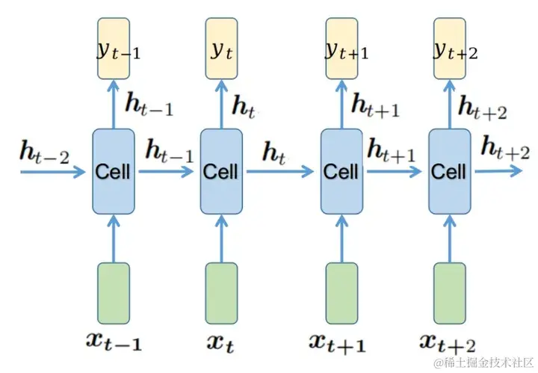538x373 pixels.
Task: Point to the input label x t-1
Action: pyautogui.click(x=113, y=343)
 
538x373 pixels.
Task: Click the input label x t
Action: pyautogui.click(x=220, y=343)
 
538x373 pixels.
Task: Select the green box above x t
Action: pyautogui.click(x=221, y=292)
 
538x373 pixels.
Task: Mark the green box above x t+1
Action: pyautogui.click(x=342, y=292)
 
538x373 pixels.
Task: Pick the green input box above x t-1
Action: pyautogui.click(x=113, y=292)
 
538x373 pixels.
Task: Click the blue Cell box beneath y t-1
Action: pyautogui.click(x=113, y=172)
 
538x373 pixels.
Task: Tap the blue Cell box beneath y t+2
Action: pyautogui.click(x=451, y=172)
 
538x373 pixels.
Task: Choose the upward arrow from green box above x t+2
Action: pyautogui.click(x=451, y=238)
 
